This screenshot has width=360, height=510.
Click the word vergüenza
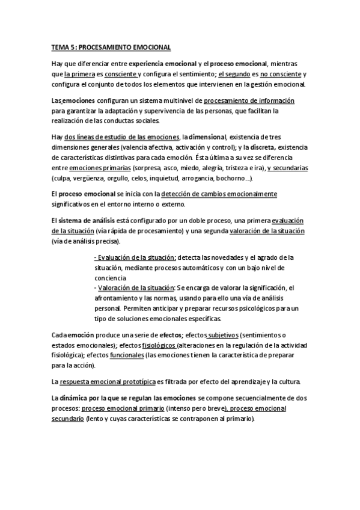[x=87, y=179]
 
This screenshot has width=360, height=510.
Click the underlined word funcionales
[x=127, y=355]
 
